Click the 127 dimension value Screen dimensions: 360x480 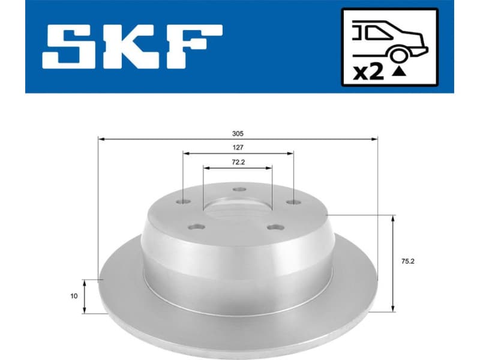(238, 148)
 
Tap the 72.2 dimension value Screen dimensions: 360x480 (238, 162)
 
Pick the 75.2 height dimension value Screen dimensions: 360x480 (408, 261)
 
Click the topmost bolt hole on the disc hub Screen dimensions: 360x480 (238, 191)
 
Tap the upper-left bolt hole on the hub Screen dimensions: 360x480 (184, 202)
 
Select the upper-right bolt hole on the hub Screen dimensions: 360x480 (293, 202)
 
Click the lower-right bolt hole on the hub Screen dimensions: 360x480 (275, 227)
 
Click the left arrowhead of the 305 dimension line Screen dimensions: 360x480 (101, 139)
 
